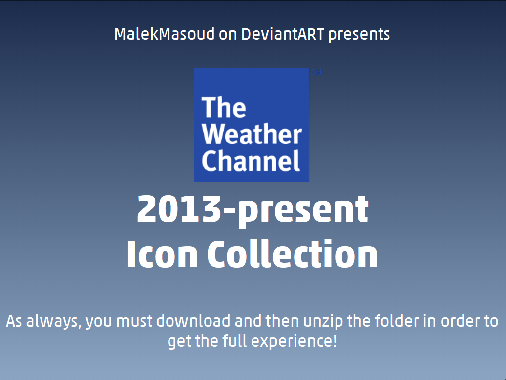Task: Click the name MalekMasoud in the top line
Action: tap(165, 34)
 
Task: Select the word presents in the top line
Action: tap(359, 35)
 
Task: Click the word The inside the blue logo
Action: tap(223, 107)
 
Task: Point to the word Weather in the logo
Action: tap(252, 134)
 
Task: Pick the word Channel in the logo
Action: tap(251, 160)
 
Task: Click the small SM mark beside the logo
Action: tap(316, 72)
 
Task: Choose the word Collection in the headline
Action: tap(292, 254)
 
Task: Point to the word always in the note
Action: tap(53, 321)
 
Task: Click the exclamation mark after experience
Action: tap(335, 341)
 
